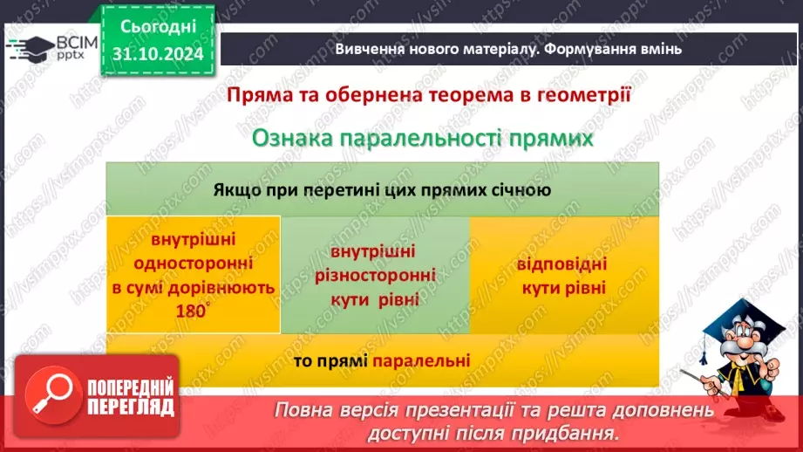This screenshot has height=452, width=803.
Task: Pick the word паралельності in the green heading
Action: tap(416, 138)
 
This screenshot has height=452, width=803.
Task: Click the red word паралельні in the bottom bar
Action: tap(422, 360)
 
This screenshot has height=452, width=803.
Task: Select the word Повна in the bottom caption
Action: tap(307, 410)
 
